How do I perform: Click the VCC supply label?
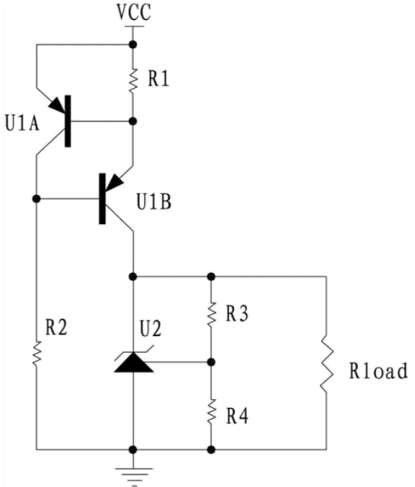click(x=134, y=12)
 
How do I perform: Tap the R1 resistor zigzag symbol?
click(x=133, y=80)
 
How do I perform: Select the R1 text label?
click(x=159, y=78)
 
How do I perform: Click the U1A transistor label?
click(x=22, y=123)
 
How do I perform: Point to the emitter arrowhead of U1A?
click(x=56, y=105)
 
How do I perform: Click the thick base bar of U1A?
click(x=68, y=121)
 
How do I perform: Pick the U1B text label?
click(x=154, y=202)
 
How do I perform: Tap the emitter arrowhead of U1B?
click(x=114, y=182)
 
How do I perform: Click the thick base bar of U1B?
click(x=102, y=198)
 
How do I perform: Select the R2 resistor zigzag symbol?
click(x=37, y=353)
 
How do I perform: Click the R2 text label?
click(x=56, y=327)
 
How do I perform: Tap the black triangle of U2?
click(x=134, y=363)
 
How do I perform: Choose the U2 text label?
click(x=151, y=329)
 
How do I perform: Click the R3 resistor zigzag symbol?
click(x=211, y=314)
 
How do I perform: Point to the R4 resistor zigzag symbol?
click(x=211, y=411)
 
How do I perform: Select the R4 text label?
click(x=237, y=416)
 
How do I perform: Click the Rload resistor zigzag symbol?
click(x=327, y=363)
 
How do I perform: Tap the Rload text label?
click(x=378, y=370)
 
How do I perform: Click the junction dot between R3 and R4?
click(x=211, y=363)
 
